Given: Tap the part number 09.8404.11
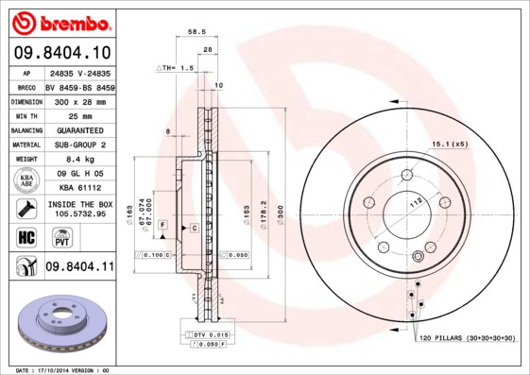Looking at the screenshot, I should tap(78, 268).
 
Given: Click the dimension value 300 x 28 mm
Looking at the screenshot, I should tap(78, 100).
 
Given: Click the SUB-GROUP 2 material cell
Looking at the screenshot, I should tap(78, 145).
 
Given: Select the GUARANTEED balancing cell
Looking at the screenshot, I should tap(78, 129).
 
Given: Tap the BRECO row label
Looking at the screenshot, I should tap(26, 86).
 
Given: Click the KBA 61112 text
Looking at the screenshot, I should tap(78, 189).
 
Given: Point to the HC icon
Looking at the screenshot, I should tap(26, 235).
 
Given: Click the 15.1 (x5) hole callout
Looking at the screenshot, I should tap(450, 144).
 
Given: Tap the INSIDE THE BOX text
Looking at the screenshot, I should tap(79, 204).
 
